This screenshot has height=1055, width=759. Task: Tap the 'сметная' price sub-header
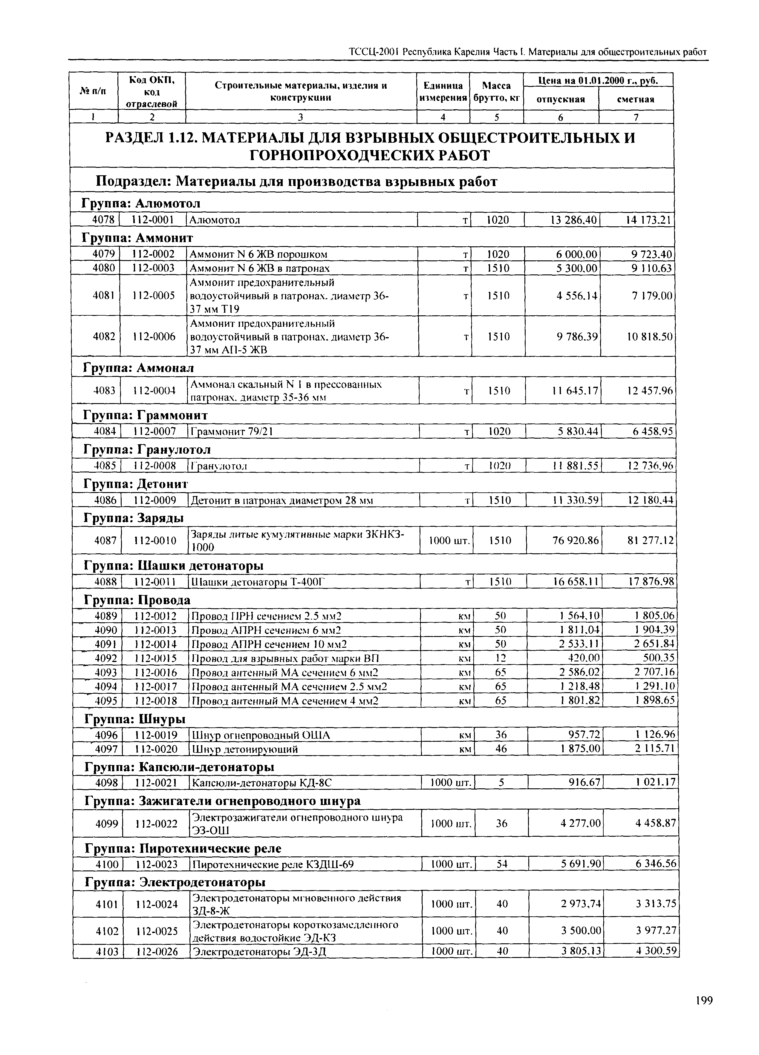636,99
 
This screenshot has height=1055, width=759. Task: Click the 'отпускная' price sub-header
561,99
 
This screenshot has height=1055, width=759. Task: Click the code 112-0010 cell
155,540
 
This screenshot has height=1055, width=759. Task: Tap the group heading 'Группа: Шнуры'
135,719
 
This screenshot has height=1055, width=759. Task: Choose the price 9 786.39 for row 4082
577,336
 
